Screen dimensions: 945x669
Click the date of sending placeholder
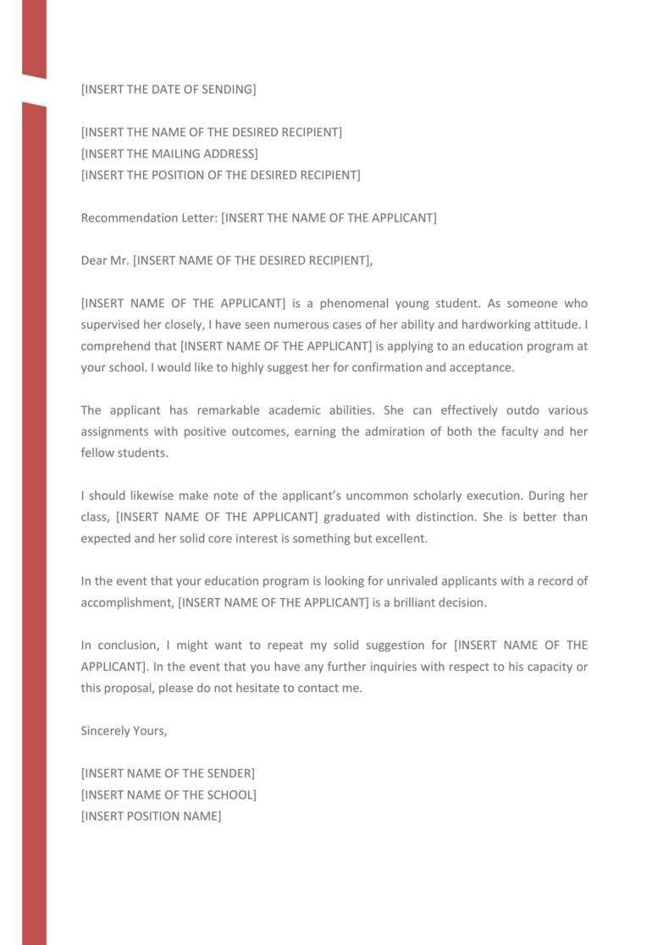pyautogui.click(x=168, y=89)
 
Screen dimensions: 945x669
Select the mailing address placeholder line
pyautogui.click(x=169, y=154)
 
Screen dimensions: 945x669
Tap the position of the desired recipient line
pyautogui.click(x=220, y=175)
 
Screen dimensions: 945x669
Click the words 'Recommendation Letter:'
pyautogui.click(x=148, y=218)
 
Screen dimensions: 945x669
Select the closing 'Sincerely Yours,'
pyautogui.click(x=124, y=731)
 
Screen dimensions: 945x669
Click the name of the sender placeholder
pyautogui.click(x=168, y=773)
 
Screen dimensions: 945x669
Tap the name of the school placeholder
pyautogui.click(x=169, y=794)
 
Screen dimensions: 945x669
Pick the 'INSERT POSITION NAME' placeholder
pyautogui.click(x=151, y=816)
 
